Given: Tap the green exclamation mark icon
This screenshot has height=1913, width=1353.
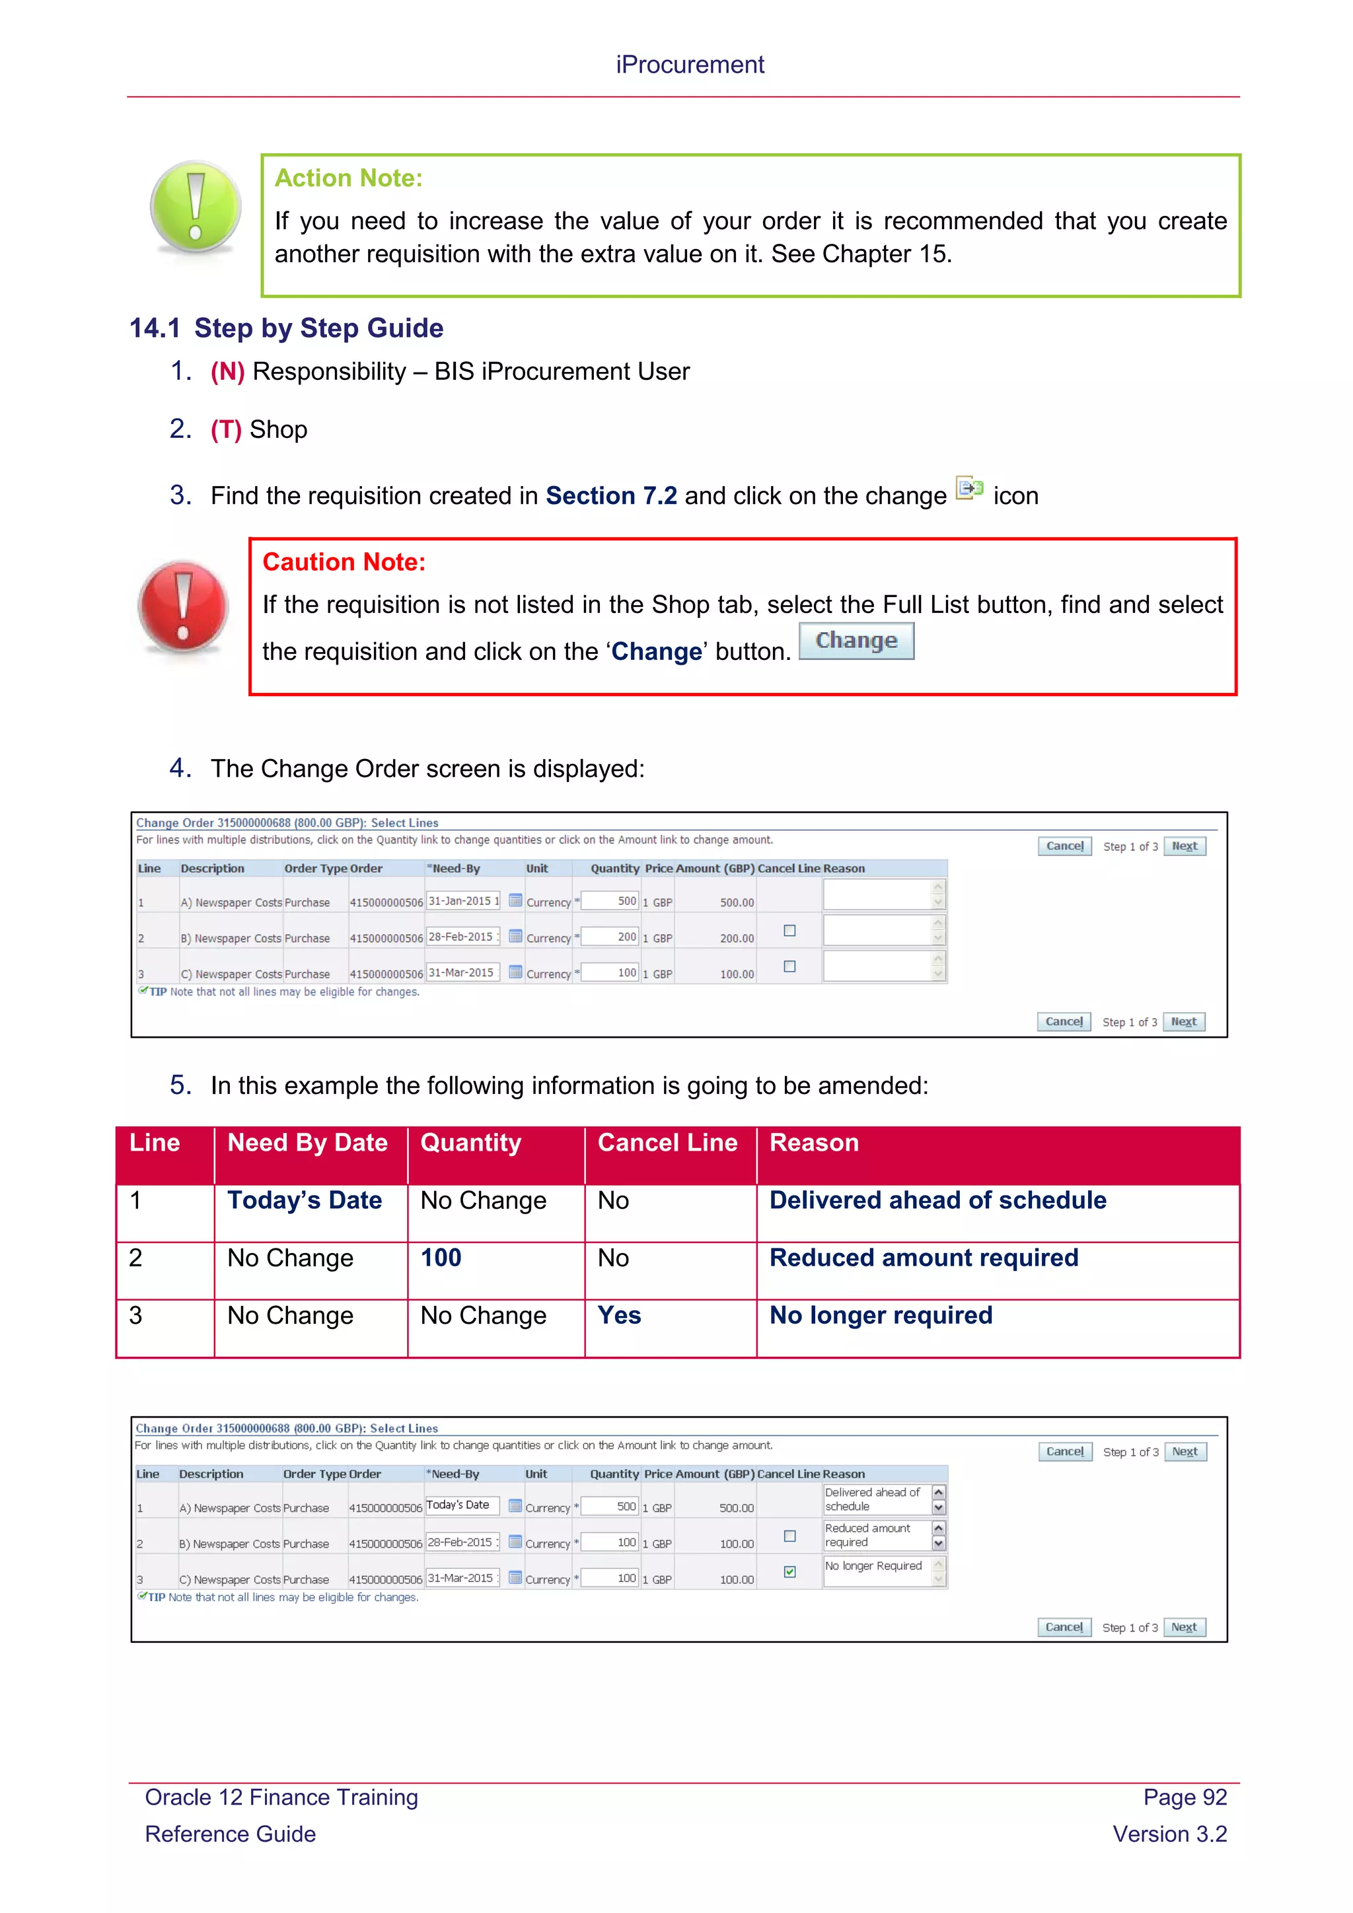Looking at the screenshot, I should point(196,207).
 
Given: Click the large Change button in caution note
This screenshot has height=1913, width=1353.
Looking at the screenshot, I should point(856,641).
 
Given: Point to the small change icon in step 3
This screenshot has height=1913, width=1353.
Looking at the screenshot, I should point(969,488).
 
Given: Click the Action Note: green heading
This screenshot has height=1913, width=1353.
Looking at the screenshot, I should point(348,178).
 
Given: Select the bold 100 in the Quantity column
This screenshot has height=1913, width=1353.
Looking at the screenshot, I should point(441,1258).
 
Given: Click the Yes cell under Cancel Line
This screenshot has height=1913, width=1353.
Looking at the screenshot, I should point(619,1316).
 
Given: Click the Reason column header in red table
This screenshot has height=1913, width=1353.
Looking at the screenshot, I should point(813,1143).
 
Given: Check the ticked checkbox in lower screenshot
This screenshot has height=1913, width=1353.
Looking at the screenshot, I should point(790,1571).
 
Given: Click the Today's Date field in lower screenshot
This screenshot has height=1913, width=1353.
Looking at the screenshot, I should point(460,1505).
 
